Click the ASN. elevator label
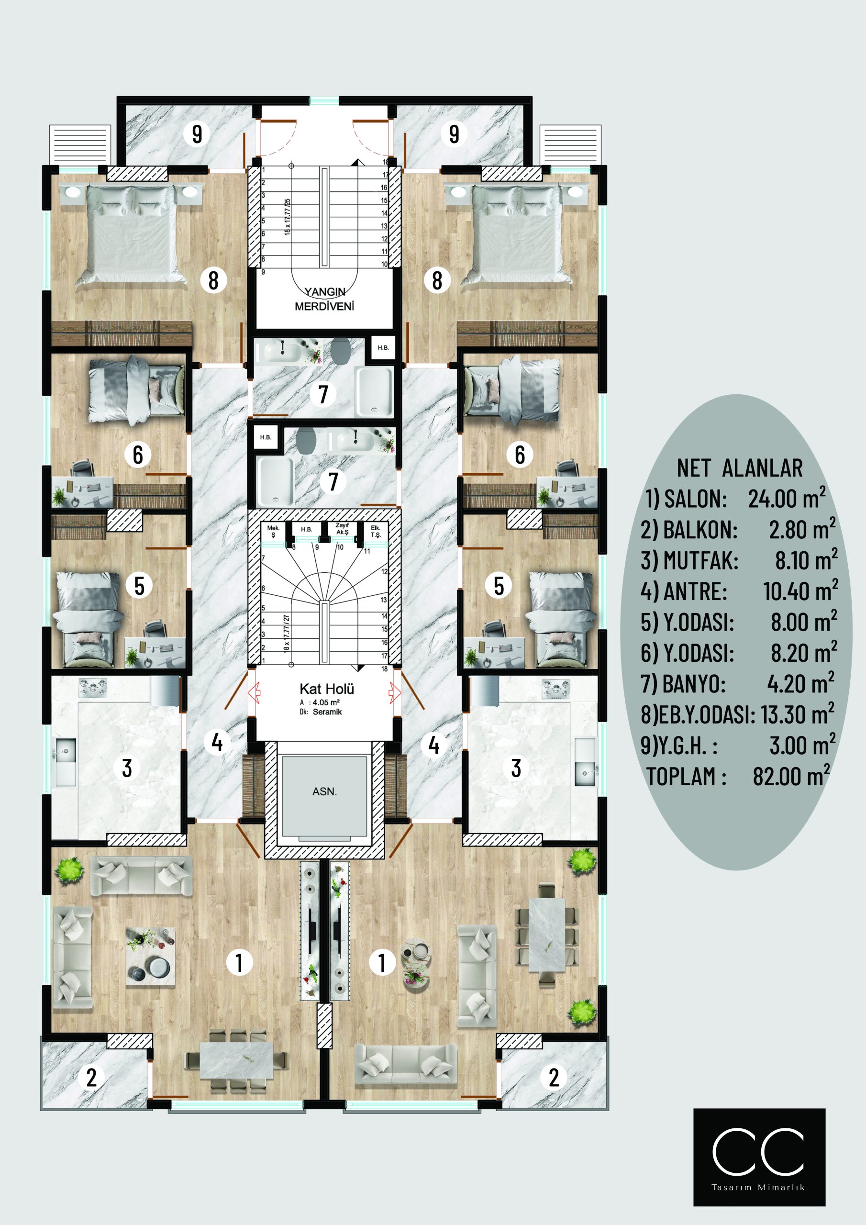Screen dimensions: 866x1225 pos(324,792)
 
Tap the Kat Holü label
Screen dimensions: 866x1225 pos(327,689)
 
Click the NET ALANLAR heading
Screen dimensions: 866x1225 pos(740,468)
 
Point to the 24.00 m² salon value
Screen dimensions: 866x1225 pos(787,498)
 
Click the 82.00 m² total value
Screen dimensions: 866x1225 pos(791,776)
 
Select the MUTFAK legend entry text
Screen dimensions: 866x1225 pos(689,561)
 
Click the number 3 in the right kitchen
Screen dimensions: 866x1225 pos(516,768)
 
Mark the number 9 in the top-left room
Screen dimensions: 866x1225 pos(197,134)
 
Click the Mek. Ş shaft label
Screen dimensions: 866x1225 pos(273,532)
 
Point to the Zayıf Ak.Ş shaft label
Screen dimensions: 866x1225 pos(342,529)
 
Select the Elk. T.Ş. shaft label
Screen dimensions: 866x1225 pos(376,532)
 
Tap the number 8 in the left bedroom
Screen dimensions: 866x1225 pos(213,280)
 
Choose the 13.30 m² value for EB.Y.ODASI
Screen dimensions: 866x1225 pos(797,714)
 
